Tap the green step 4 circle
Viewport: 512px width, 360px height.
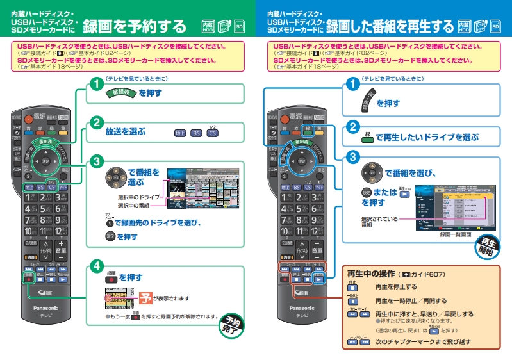(x=95, y=265)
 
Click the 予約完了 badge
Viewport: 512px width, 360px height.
(x=232, y=323)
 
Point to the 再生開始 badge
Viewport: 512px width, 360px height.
(x=488, y=246)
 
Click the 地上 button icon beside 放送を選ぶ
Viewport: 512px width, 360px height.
(x=180, y=133)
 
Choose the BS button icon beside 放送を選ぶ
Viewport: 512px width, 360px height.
(x=197, y=133)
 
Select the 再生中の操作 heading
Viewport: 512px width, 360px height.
(x=372, y=274)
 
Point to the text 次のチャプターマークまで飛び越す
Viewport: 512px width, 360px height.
(x=423, y=343)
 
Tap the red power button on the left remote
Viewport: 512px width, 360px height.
(x=28, y=118)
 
